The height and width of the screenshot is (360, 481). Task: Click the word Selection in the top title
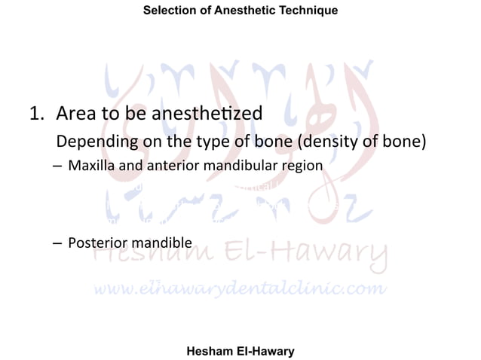tap(168, 10)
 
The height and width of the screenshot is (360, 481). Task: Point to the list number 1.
tap(34, 114)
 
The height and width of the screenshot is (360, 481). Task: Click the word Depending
tap(95, 142)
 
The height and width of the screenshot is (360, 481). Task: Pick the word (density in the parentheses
tap(341, 142)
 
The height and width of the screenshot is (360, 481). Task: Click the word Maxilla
tap(92, 165)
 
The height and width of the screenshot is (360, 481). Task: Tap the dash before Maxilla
tap(57, 166)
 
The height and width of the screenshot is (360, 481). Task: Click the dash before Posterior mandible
tap(57, 243)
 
